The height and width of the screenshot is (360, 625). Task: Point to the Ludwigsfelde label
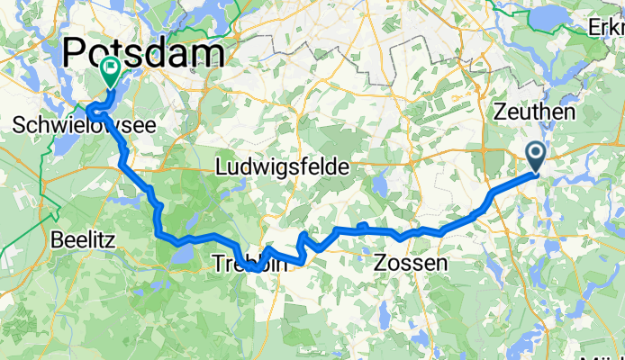[283, 167]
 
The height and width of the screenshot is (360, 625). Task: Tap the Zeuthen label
[535, 112]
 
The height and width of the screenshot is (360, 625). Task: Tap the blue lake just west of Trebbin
[178, 258]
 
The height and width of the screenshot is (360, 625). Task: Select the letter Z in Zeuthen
[502, 112]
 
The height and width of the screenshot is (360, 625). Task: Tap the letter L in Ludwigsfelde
[222, 167]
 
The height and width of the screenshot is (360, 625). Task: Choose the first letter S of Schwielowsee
[22, 128]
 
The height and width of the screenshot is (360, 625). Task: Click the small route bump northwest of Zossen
[361, 225]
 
